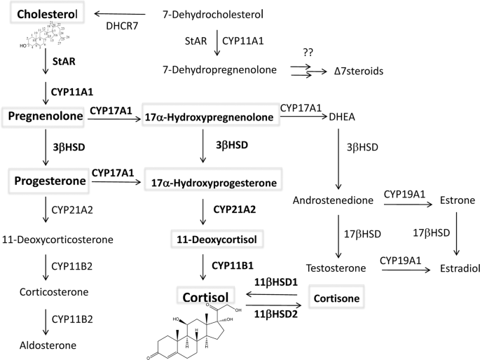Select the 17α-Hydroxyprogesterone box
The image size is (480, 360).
click(x=210, y=183)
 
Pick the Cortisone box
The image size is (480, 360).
click(x=338, y=298)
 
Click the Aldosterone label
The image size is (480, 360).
click(x=39, y=345)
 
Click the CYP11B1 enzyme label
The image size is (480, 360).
click(x=233, y=265)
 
